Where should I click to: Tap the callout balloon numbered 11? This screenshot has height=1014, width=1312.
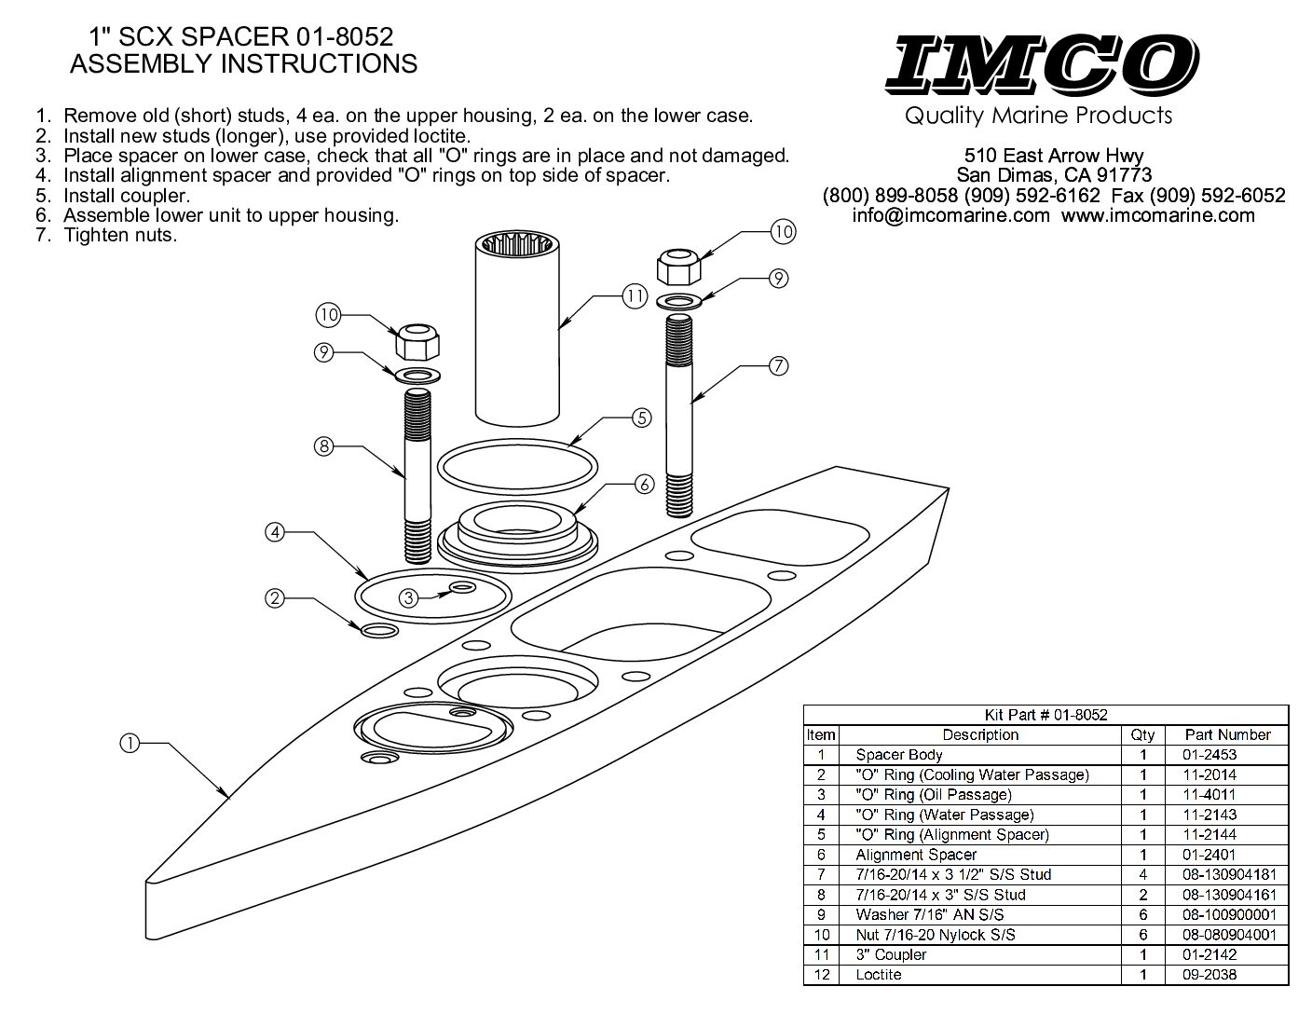pos(635,297)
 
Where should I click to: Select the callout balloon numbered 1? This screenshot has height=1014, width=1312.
pos(130,743)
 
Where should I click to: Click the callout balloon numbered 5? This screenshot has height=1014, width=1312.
pos(642,418)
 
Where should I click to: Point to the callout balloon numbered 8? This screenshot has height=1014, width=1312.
pos(323,446)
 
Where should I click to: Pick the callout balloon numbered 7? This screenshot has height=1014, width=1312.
pos(779,365)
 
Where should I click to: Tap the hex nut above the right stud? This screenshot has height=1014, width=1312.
pos(679,267)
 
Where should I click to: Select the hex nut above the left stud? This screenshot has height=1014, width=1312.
pos(417,344)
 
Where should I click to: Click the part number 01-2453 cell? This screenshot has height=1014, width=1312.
pos(1210,755)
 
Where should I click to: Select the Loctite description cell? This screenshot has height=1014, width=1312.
pos(878,975)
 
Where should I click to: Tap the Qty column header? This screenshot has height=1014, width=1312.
pos(1142,734)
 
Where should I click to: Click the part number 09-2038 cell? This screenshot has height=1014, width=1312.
pos(1210,975)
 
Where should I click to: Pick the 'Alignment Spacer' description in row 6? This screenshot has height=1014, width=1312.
pos(916,855)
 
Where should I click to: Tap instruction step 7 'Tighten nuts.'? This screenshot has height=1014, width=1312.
pos(119,235)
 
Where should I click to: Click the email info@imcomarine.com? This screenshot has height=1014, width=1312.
pos(950,215)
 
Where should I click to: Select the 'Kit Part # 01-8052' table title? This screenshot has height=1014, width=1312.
pos(1045,715)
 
